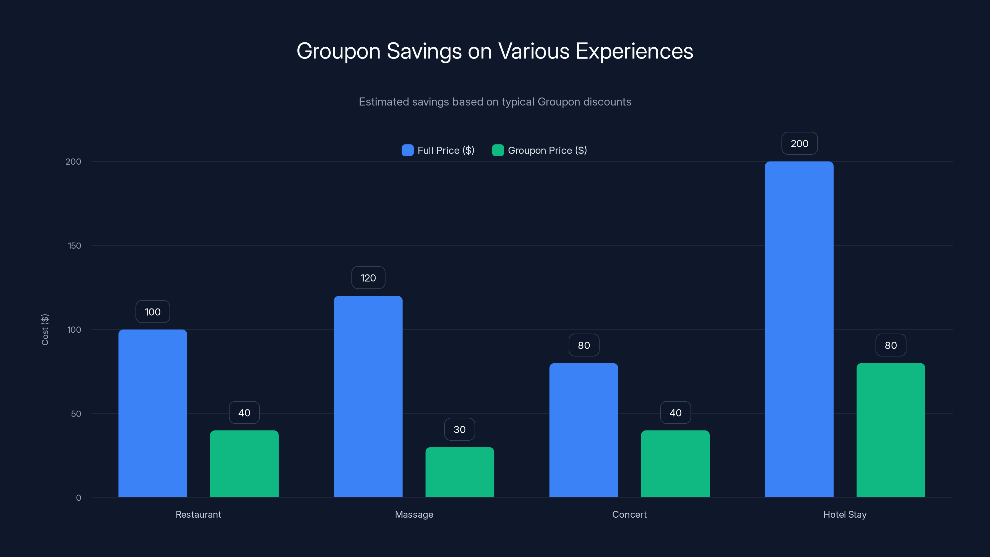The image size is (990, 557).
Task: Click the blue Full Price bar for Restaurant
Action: coord(153,413)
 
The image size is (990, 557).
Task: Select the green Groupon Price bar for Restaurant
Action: coord(244,464)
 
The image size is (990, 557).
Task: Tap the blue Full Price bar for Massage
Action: coord(368,396)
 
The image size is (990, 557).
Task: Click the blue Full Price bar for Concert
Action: coord(583,430)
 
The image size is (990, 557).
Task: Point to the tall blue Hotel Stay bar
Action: coord(799,330)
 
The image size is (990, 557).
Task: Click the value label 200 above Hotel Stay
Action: coord(799,143)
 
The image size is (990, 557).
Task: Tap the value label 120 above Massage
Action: coord(368,278)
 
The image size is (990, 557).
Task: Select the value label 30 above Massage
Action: coord(460,430)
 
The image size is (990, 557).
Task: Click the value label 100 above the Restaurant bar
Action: coord(153,312)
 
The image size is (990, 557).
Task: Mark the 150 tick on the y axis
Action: coord(75,246)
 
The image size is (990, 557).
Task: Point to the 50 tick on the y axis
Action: coord(76,414)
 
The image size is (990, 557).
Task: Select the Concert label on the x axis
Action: coord(629,514)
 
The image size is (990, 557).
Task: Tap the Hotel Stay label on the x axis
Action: coord(845,514)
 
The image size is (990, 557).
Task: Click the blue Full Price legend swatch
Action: coord(407,150)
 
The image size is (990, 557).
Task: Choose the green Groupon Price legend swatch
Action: coord(498,150)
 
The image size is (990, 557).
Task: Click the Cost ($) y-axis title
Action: coord(45,330)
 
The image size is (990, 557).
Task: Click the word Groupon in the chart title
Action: coord(338,51)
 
